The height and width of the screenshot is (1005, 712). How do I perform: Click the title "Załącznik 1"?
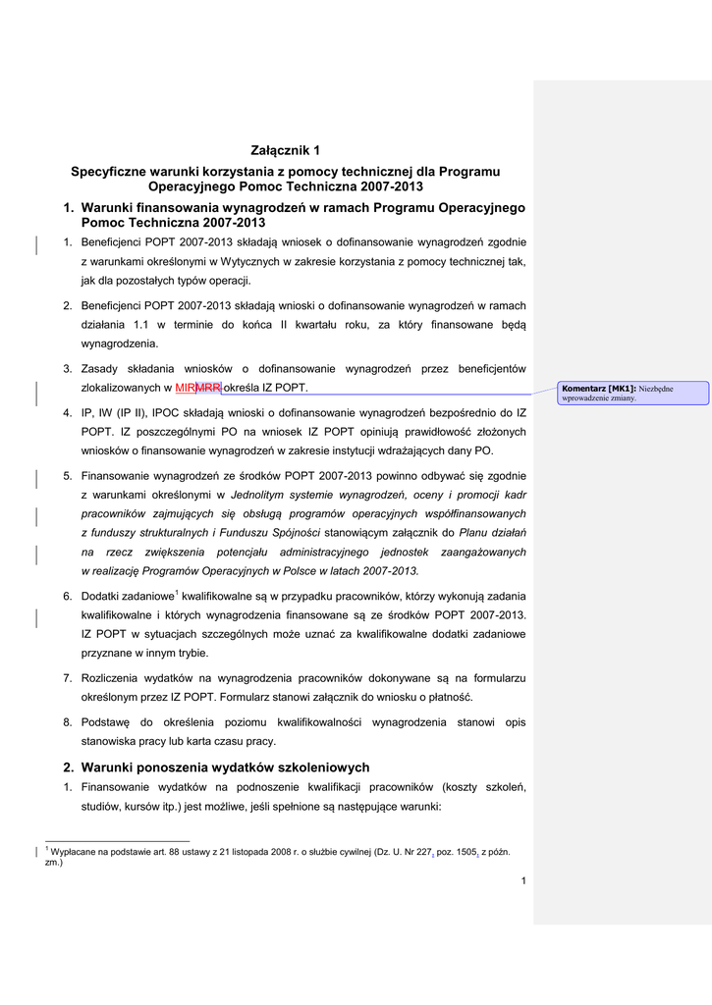[x=285, y=150]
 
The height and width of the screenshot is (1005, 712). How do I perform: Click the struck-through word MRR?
[x=209, y=388]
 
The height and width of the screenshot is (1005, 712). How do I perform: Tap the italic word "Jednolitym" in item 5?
[x=260, y=496]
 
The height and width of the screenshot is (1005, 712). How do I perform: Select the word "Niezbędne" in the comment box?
[x=656, y=389]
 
